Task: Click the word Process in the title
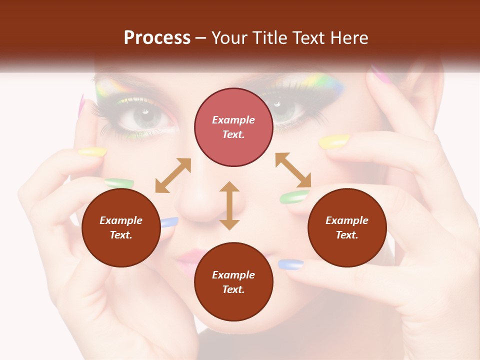[x=157, y=38]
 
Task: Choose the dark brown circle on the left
[x=121, y=227]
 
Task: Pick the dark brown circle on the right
[x=347, y=227]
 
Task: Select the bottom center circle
[x=233, y=282]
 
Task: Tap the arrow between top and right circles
[x=293, y=170]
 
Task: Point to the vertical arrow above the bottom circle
[x=229, y=205]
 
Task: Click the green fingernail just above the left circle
[x=119, y=183]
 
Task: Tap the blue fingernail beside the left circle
[x=169, y=222]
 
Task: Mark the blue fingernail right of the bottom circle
[x=290, y=264]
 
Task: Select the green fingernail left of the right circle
[x=294, y=197]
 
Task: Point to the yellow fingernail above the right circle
[x=334, y=142]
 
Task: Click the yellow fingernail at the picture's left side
[x=92, y=151]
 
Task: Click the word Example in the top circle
[x=233, y=120]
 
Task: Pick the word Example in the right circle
[x=347, y=220]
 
